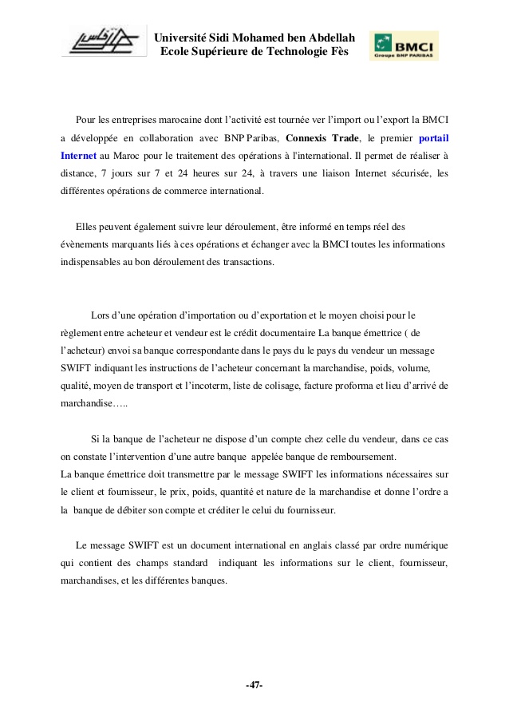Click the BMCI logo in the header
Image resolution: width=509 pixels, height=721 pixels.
click(x=403, y=46)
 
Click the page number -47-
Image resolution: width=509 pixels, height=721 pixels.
click(x=254, y=685)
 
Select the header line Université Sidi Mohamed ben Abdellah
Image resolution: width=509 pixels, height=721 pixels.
click(x=254, y=38)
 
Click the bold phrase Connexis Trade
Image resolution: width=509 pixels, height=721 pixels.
click(x=323, y=137)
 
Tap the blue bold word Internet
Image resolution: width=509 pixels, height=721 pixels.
click(x=78, y=155)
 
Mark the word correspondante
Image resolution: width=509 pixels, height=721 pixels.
click(x=226, y=351)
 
